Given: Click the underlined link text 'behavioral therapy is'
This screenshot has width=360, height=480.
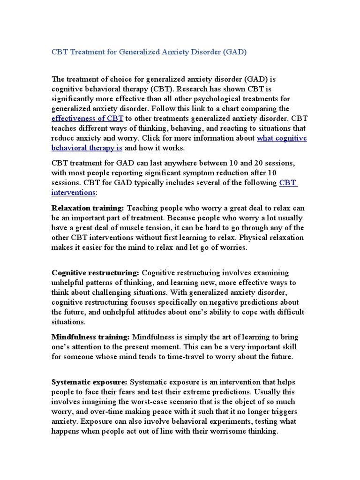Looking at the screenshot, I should [x=87, y=148].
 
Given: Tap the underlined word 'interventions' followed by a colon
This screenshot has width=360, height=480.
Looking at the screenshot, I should [x=73, y=193].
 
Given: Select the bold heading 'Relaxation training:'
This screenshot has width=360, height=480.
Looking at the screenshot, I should [x=88, y=208].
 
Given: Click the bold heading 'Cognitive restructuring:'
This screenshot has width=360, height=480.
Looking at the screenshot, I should [x=95, y=272].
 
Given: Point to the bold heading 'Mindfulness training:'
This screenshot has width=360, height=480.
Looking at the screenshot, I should [x=90, y=337].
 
